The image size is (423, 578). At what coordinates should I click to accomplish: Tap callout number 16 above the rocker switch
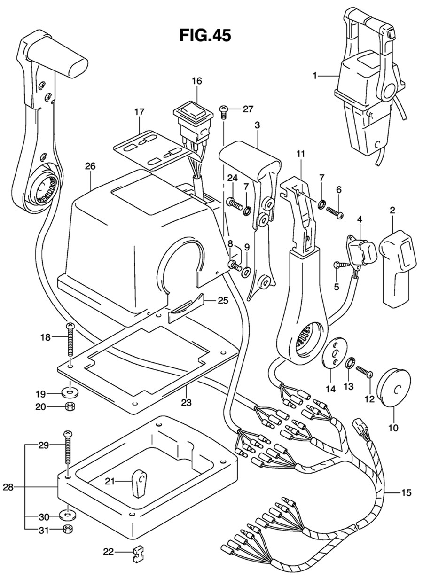point(196,81)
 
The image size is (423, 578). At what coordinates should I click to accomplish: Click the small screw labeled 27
point(224,111)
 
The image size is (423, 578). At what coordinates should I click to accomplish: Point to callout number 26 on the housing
point(90,166)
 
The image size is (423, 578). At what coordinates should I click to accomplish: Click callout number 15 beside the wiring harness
point(406,493)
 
